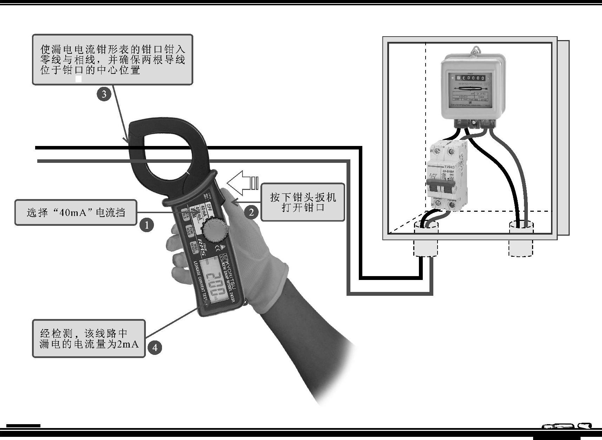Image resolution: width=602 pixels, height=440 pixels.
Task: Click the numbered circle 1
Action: coord(147,224)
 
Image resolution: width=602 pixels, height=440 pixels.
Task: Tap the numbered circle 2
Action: coord(251,212)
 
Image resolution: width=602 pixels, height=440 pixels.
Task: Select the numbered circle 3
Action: coord(104,94)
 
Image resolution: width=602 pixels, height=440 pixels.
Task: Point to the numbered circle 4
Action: coord(155,347)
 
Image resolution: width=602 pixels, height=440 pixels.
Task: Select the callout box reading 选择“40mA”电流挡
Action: coord(76,212)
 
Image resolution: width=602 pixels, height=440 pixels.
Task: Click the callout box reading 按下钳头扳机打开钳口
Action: coord(303,202)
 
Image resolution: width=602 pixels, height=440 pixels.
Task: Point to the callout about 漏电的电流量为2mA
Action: coord(89,338)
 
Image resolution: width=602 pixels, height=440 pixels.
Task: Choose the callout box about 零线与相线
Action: coord(112,59)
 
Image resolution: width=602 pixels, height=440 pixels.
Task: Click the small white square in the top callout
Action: coord(79,79)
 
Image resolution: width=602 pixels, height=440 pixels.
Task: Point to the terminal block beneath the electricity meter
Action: coord(475,123)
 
